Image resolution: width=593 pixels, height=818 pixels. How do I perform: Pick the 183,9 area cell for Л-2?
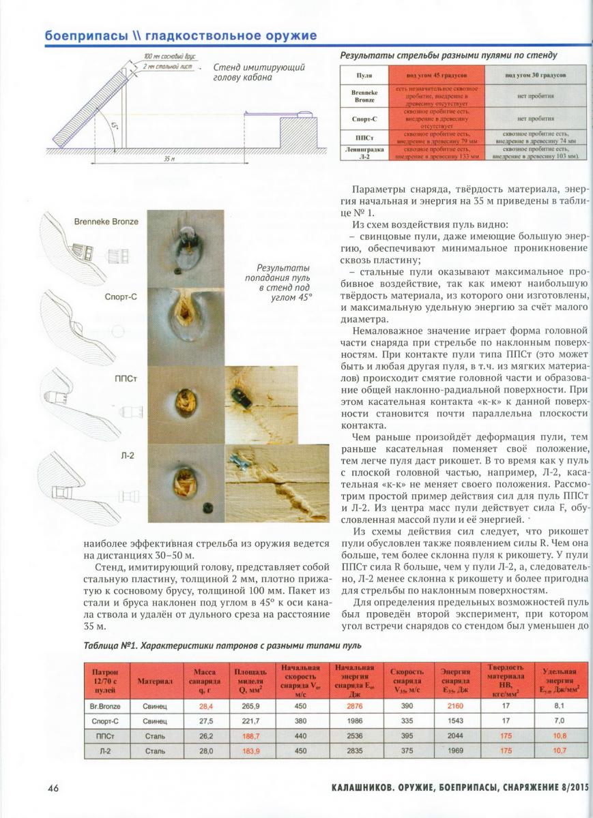(x=250, y=750)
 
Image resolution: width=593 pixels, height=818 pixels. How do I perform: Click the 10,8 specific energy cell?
(x=560, y=736)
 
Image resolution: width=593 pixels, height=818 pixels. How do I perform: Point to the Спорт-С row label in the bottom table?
(x=105, y=721)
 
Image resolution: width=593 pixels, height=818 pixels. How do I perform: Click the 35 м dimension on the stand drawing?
(x=170, y=158)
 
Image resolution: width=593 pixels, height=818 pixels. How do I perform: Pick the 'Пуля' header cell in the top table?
(x=364, y=75)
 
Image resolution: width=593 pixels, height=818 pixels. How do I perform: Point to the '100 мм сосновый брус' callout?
(x=167, y=57)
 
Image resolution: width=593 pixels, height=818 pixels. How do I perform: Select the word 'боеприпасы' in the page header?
(x=85, y=35)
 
